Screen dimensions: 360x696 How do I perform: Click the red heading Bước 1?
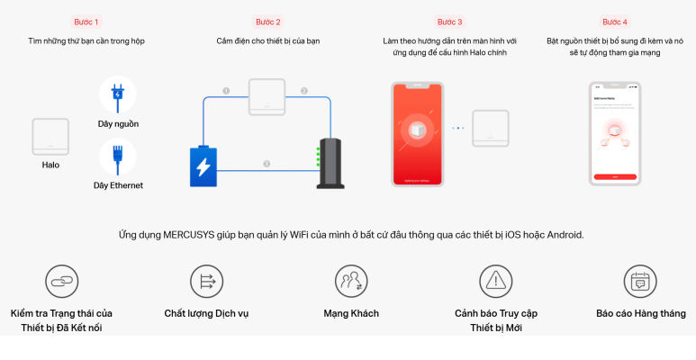click(x=86, y=22)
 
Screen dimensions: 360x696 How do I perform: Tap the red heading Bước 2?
click(x=268, y=22)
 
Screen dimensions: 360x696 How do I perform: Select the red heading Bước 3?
click(x=449, y=22)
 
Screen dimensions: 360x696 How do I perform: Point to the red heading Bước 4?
click(x=615, y=22)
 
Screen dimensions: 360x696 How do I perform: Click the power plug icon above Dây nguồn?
click(x=118, y=94)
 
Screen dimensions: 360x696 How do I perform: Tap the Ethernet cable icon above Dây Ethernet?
click(x=118, y=157)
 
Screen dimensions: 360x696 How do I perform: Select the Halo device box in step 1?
click(x=50, y=136)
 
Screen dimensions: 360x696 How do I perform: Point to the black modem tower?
click(x=330, y=163)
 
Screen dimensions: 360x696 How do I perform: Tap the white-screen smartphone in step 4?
click(x=615, y=133)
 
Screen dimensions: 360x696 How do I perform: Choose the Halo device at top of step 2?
click(x=267, y=96)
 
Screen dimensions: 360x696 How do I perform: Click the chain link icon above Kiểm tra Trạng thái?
click(x=62, y=282)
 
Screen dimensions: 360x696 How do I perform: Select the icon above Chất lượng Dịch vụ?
click(x=206, y=282)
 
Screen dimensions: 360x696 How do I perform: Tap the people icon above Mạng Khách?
click(x=351, y=282)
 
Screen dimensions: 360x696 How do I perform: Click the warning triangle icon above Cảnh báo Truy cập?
click(x=495, y=282)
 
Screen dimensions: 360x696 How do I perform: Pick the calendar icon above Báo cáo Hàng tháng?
click(x=640, y=282)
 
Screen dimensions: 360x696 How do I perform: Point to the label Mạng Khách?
click(x=351, y=313)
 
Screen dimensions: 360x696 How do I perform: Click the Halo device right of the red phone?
click(x=492, y=128)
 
